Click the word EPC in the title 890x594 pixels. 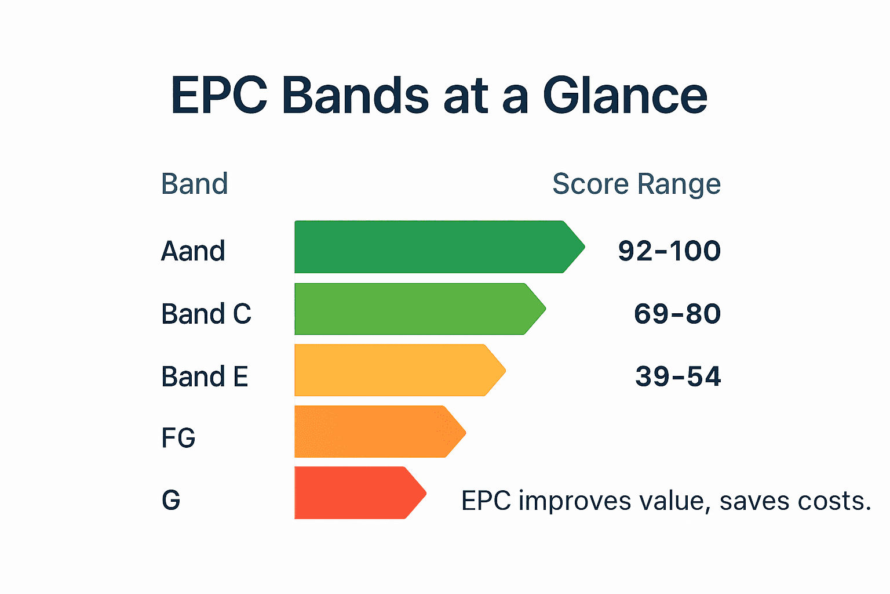[219, 96]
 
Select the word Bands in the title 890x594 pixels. [355, 96]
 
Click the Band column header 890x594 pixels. [194, 184]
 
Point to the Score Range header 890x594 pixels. [636, 184]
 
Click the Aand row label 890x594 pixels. [193, 251]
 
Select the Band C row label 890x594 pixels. [206, 314]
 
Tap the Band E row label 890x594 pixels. [205, 376]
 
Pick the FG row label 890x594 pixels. [178, 438]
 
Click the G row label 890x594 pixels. [171, 500]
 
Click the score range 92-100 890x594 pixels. [669, 251]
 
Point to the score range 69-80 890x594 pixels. [677, 314]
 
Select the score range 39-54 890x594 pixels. [677, 376]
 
